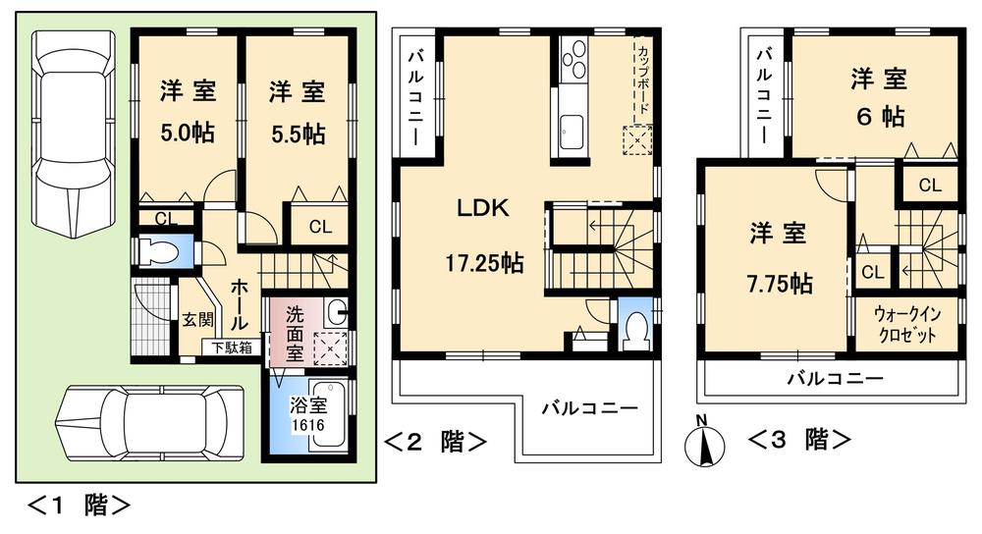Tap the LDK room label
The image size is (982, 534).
(x=482, y=208)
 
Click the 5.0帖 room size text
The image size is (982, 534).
(x=188, y=133)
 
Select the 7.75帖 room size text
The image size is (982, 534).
(x=779, y=284)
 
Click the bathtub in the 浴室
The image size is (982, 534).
(x=328, y=424)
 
